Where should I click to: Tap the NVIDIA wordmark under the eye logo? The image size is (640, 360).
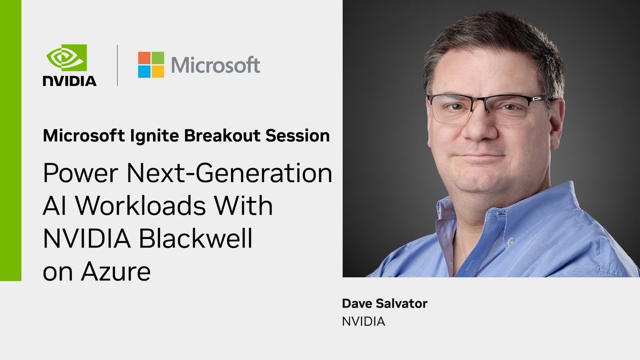[x=70, y=81]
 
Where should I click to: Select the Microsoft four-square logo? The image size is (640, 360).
[x=151, y=65]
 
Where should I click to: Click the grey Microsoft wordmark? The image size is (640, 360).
[x=215, y=65]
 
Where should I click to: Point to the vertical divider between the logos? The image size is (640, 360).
[x=117, y=65]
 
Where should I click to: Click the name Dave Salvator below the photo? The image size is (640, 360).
[x=385, y=304]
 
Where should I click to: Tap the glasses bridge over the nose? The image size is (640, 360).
[x=486, y=103]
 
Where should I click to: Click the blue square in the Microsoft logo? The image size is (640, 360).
[x=144, y=72]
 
